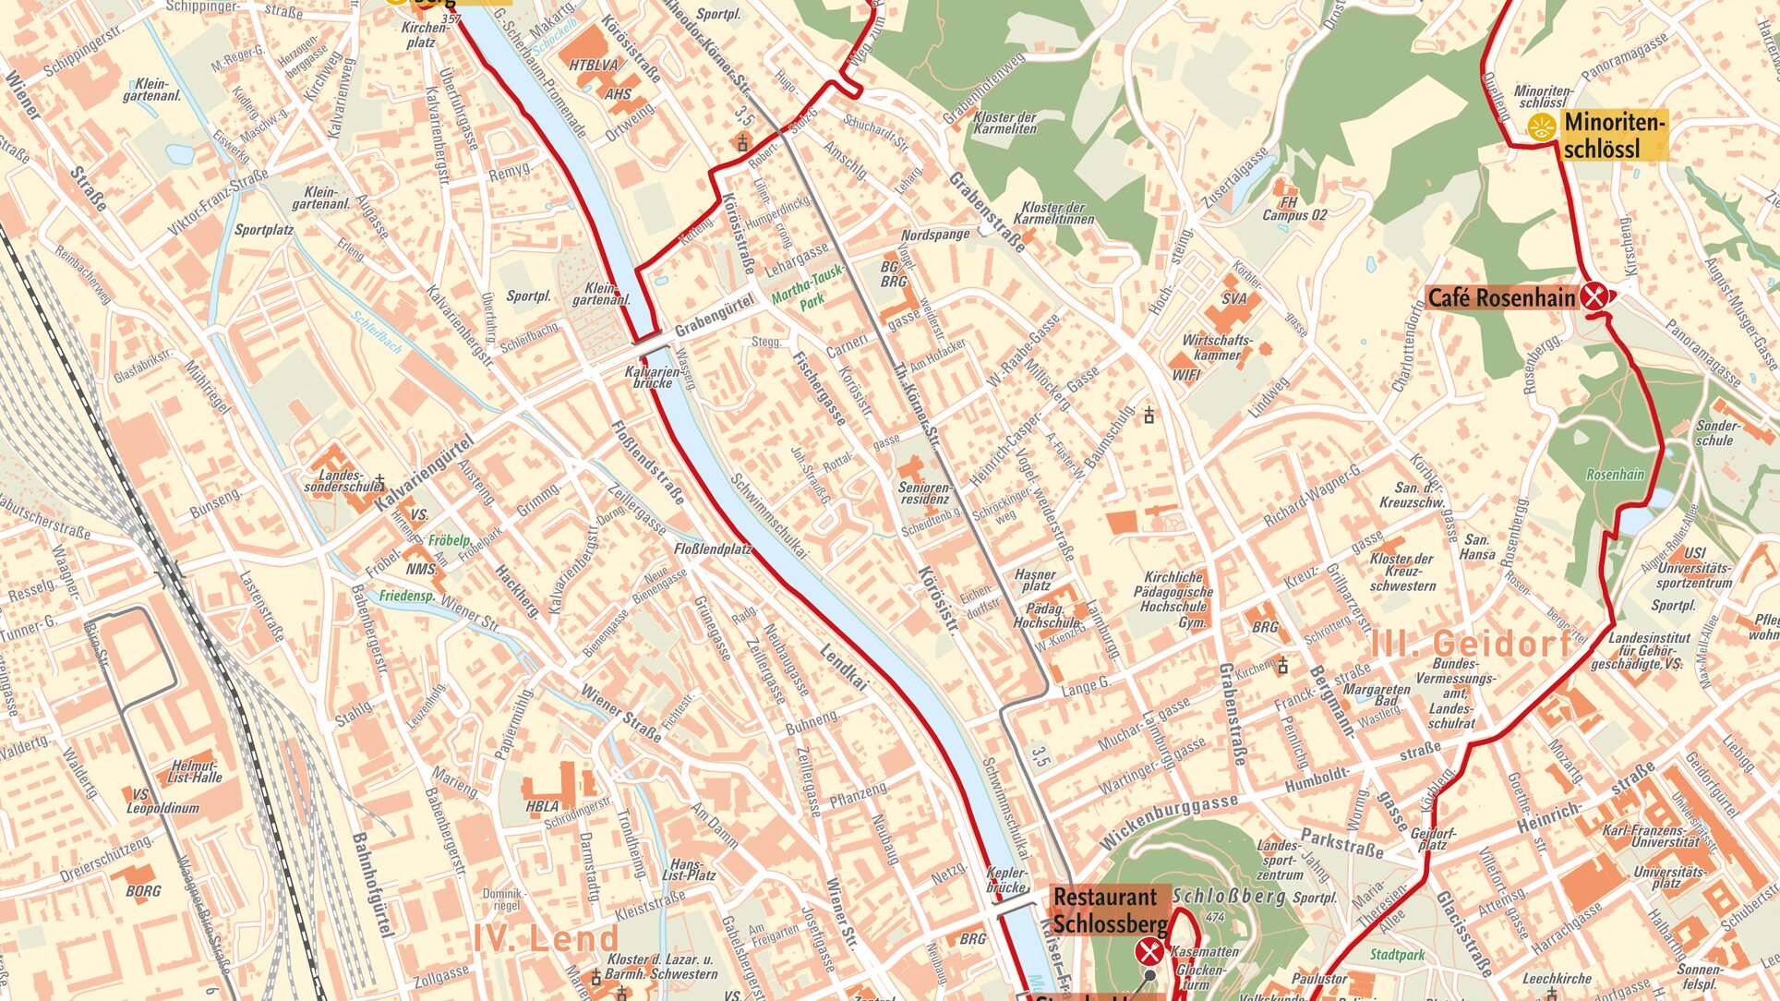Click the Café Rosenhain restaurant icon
(1594, 297)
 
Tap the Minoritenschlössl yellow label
(1615, 135)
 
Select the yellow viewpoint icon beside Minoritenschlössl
(1540, 127)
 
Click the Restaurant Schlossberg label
(1106, 910)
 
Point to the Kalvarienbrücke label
(653, 376)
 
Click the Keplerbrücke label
(1005, 879)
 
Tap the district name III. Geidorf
(1472, 644)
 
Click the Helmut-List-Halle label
(195, 771)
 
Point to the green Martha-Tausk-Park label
(801, 296)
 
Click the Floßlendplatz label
(713, 549)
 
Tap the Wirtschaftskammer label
(1217, 347)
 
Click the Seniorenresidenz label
(924, 493)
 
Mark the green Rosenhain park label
(1615, 475)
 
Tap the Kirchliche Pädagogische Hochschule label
(1174, 598)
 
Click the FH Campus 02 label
(1294, 209)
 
